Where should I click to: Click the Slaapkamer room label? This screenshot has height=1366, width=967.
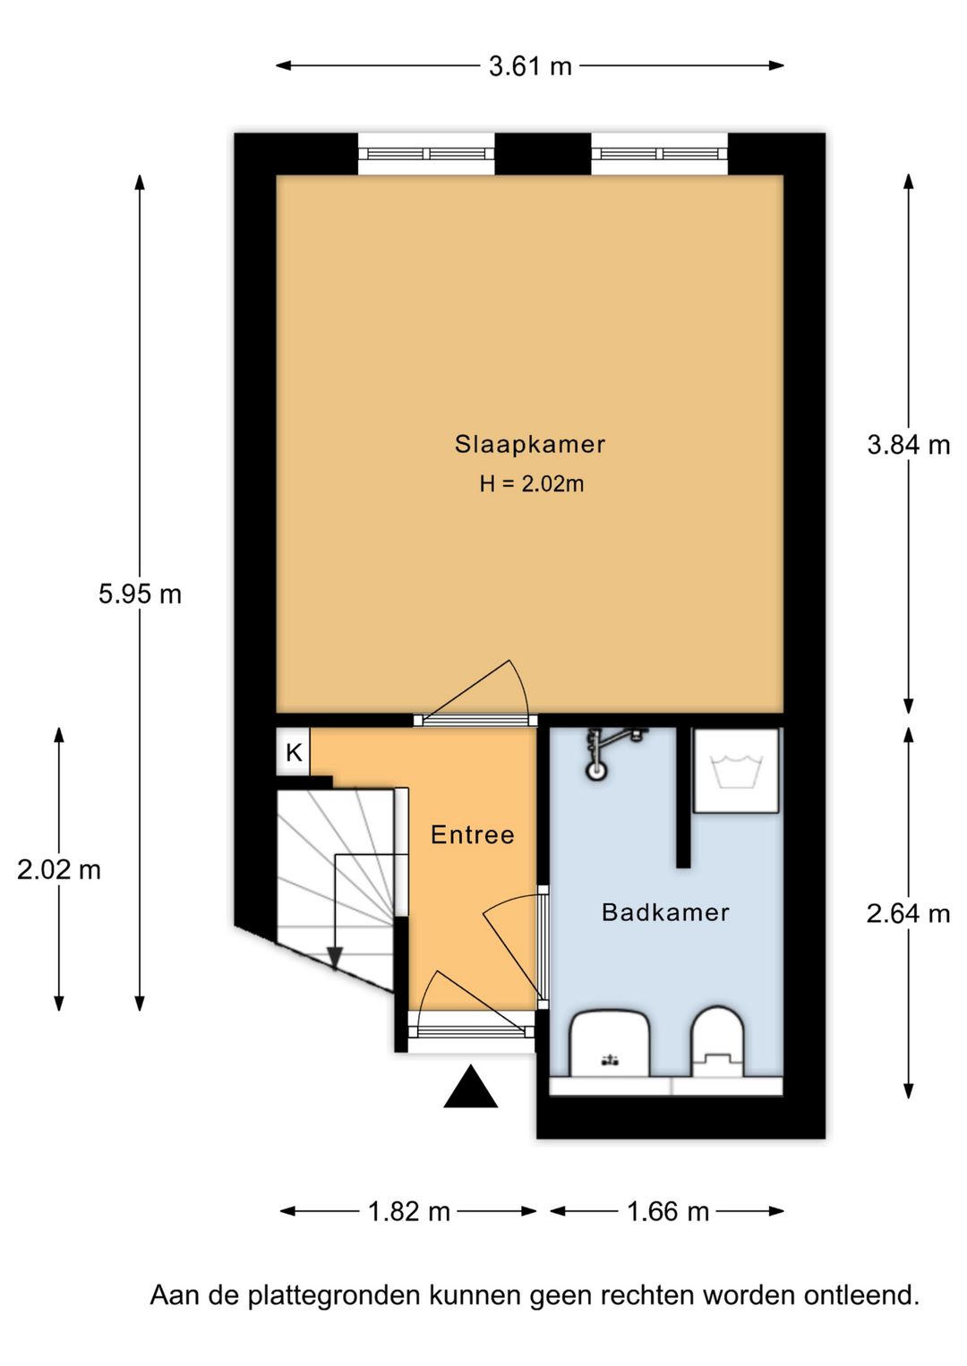point(529,444)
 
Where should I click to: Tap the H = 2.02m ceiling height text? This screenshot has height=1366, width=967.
point(531,484)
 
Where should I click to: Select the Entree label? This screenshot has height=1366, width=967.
point(472,835)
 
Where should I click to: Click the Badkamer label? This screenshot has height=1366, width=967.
point(665,912)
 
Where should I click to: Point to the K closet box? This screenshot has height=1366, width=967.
point(294,753)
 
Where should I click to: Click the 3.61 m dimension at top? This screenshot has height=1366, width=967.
point(529,66)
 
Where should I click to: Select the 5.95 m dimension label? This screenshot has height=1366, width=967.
point(140,593)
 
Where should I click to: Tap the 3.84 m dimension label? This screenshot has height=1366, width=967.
point(908,445)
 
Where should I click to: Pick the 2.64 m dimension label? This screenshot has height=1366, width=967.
point(908,913)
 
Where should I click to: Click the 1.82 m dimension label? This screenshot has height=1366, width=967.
point(408,1211)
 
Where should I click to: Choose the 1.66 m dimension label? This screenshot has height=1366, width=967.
point(667,1211)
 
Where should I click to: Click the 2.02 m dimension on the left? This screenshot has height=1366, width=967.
point(59,869)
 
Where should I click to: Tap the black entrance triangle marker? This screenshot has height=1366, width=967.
point(471,1089)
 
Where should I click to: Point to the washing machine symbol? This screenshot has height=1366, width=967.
point(735,770)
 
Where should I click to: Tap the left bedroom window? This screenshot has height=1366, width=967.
point(426,154)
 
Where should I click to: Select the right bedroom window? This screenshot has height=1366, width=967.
point(659,154)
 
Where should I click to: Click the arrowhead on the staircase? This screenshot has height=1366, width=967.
point(335,959)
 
